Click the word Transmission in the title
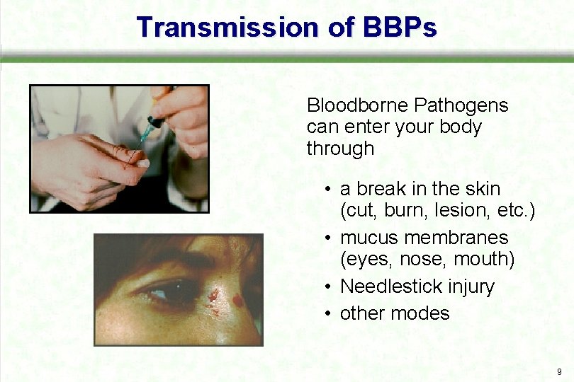tap(227, 28)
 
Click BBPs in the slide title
tap(400, 28)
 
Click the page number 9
tap(559, 371)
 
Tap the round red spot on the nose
tap(238, 300)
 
